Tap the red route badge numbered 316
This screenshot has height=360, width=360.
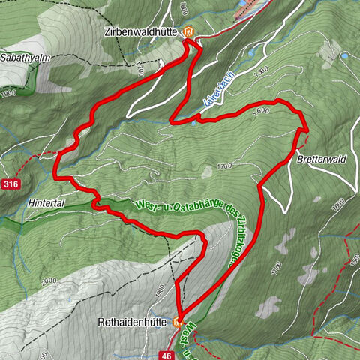click(9, 184)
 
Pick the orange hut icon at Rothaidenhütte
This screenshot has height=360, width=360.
click(178, 323)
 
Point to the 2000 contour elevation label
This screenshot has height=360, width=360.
click(49, 280)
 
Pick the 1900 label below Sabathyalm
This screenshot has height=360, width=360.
click(10, 94)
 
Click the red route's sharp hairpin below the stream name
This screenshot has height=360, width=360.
click(172, 119)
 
